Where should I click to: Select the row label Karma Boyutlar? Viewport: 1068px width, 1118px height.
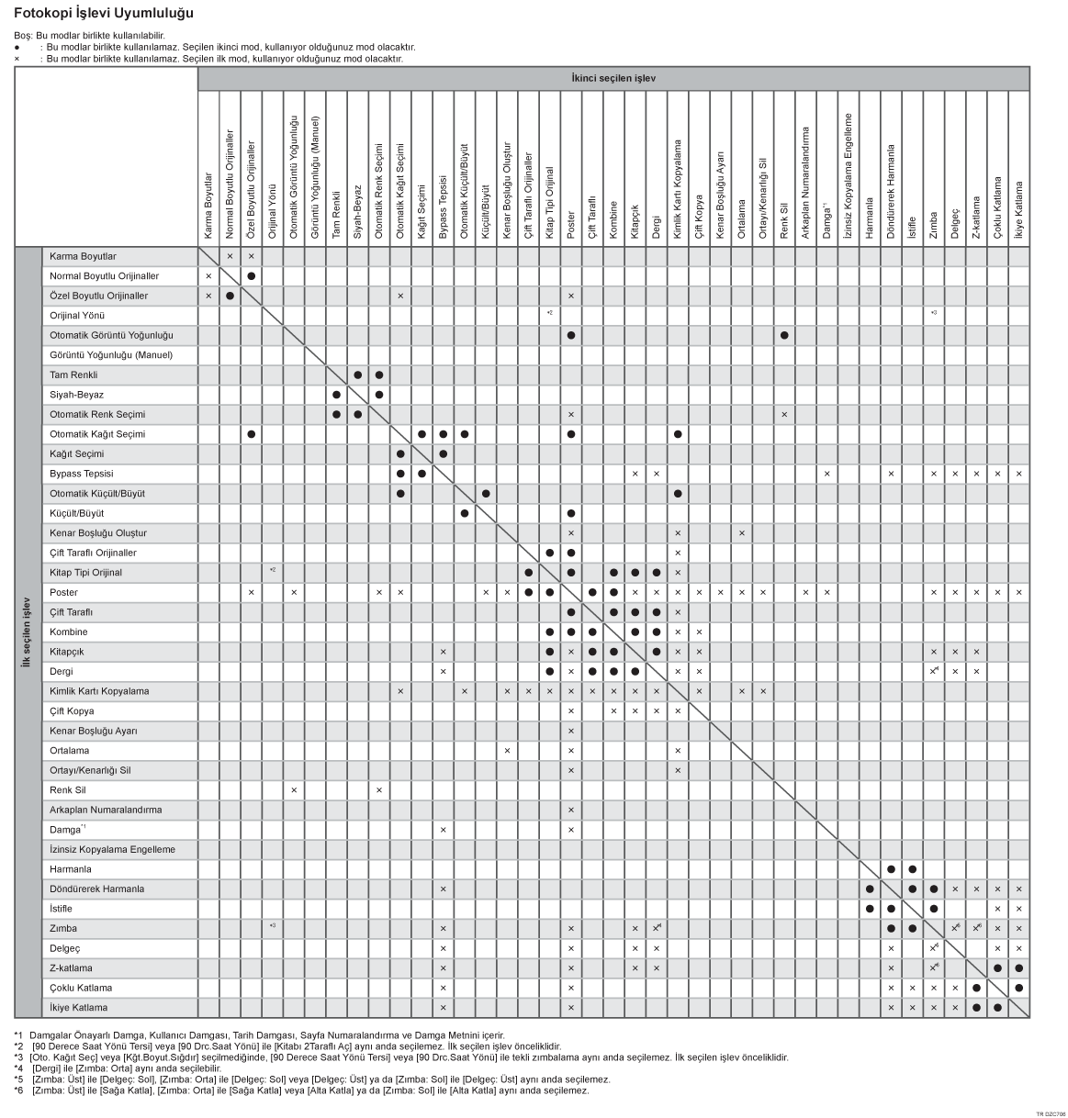(83, 256)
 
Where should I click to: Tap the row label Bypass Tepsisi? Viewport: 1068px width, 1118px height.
(82, 474)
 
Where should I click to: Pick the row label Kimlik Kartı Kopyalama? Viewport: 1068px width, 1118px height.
(99, 691)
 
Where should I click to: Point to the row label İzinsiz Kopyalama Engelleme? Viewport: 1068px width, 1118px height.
(112, 849)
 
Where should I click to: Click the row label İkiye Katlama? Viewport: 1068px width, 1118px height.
(79, 1008)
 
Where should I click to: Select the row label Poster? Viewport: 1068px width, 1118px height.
(63, 592)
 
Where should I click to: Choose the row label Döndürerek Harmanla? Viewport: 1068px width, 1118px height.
(96, 889)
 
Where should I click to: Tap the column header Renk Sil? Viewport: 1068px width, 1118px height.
(783, 222)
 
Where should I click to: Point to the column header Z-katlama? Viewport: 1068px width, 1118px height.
(975, 220)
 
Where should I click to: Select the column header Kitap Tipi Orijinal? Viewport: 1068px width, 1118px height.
(549, 204)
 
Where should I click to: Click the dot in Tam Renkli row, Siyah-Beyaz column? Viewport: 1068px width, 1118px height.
(357, 375)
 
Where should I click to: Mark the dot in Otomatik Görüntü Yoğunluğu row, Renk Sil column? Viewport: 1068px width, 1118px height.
(783, 335)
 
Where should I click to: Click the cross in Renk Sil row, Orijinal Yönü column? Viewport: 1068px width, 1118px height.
(294, 789)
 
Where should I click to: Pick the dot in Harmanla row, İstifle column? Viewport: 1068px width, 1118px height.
(912, 868)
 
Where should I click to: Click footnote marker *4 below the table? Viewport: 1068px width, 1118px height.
(18, 1068)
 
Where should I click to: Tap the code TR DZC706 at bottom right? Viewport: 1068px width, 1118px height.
(1051, 1112)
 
